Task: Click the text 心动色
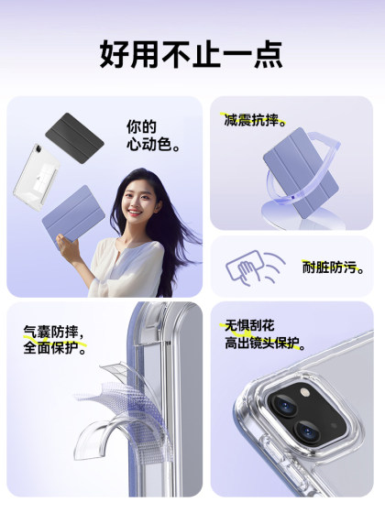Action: click(x=153, y=146)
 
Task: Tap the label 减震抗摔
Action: click(x=255, y=120)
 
